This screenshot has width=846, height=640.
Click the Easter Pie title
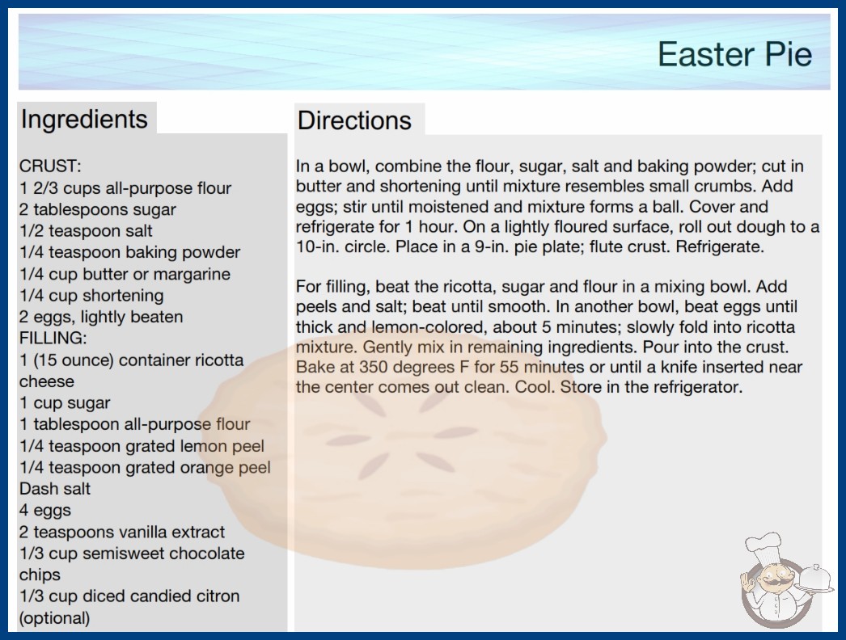734,54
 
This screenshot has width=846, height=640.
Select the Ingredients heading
84,119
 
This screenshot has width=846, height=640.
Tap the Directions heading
354,120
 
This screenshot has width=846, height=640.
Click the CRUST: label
50,166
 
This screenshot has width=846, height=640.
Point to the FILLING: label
53,338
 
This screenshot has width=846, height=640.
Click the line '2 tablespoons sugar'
98,210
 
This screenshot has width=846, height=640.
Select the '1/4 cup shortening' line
91,296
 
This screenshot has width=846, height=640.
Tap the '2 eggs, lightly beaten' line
101,317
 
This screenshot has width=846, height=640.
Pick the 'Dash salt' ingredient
55,489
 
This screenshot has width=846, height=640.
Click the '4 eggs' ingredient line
45,511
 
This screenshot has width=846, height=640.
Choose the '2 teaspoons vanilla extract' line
122,533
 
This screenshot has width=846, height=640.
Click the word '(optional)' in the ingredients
54,618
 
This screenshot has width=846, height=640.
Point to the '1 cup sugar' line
65,403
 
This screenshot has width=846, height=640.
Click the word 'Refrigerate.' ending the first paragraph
720,247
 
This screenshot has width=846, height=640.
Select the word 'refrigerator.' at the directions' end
698,387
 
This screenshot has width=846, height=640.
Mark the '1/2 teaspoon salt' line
86,231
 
